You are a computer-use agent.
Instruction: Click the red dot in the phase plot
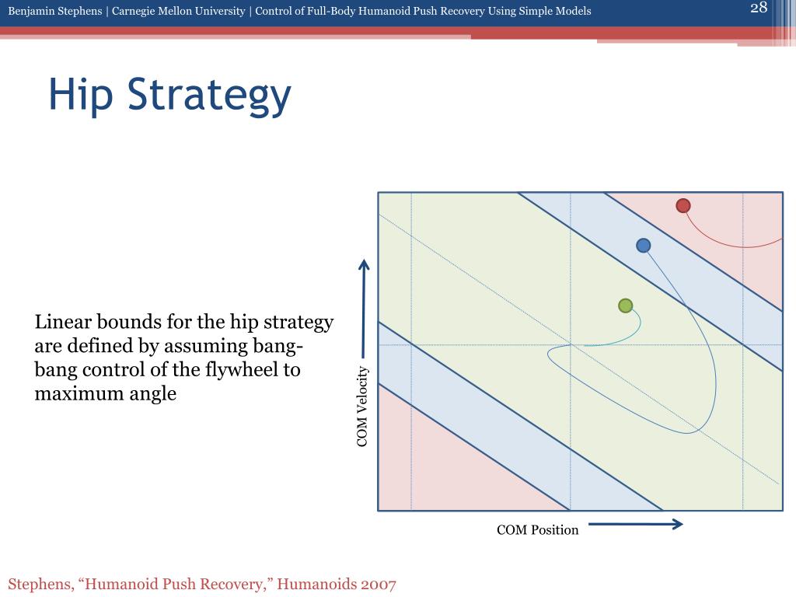[x=683, y=205]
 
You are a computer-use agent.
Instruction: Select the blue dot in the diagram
[x=643, y=246]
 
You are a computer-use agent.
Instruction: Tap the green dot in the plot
[x=626, y=305]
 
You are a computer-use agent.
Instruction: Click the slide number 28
[x=759, y=8]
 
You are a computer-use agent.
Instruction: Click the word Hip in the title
[x=80, y=96]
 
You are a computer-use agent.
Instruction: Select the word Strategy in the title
[x=209, y=96]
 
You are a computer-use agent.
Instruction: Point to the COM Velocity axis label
[x=362, y=407]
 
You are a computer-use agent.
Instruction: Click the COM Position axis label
[x=538, y=530]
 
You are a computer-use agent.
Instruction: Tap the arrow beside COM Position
[x=636, y=524]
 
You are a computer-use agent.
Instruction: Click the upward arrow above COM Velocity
[x=364, y=309]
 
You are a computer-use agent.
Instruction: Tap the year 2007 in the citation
[x=379, y=585]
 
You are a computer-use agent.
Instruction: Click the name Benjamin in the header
[x=33, y=11]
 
